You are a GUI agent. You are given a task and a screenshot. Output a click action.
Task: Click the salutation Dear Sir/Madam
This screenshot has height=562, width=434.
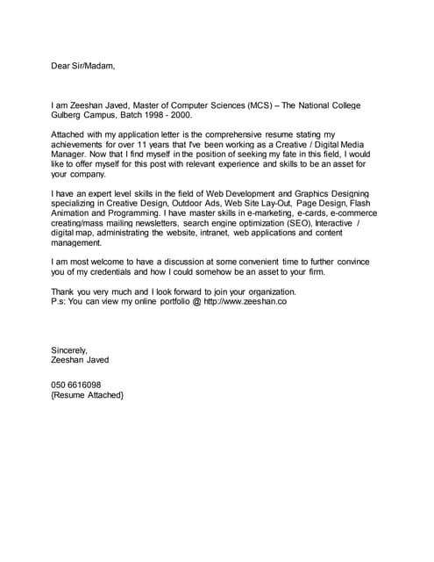pyautogui.click(x=82, y=66)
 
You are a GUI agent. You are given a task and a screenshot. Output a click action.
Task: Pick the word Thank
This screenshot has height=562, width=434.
pyautogui.click(x=64, y=291)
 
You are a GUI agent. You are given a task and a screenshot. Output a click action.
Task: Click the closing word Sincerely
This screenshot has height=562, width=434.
pyautogui.click(x=70, y=349)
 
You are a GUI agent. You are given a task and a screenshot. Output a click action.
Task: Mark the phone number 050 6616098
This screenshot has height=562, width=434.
pyautogui.click(x=76, y=385)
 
